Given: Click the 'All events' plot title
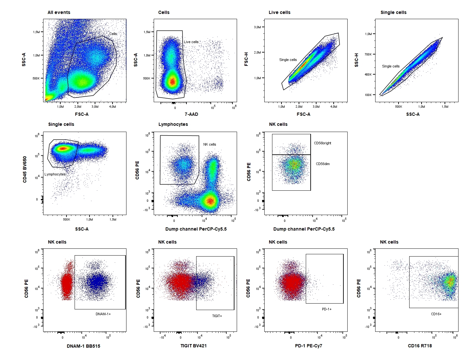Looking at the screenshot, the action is (x=59, y=12).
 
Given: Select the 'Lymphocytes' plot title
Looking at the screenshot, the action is (x=173, y=124).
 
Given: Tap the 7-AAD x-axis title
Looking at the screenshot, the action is (x=191, y=114).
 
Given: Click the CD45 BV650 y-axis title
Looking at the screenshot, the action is (x=25, y=169).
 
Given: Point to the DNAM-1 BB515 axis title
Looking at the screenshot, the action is (x=83, y=346).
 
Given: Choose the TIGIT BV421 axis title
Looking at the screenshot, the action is (x=194, y=346).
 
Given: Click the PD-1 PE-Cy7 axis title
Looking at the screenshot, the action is (x=309, y=346).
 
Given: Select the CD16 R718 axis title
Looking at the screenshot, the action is (x=420, y=346).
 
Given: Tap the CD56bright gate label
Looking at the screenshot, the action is (x=322, y=143).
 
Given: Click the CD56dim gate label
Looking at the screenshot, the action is (x=323, y=164).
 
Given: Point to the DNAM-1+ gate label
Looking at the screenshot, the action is (x=103, y=314).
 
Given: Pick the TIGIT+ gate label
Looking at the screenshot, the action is (x=217, y=316).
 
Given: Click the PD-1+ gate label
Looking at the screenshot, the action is (x=327, y=309).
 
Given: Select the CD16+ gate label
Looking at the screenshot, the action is (x=436, y=314).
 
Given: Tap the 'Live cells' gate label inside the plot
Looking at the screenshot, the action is (x=191, y=42).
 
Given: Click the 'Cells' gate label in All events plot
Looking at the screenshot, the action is (x=113, y=34).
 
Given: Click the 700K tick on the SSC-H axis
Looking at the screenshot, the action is (x=368, y=54).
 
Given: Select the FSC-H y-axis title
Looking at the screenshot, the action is (x=246, y=59).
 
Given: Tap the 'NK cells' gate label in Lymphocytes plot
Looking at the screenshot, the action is (x=209, y=144).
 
